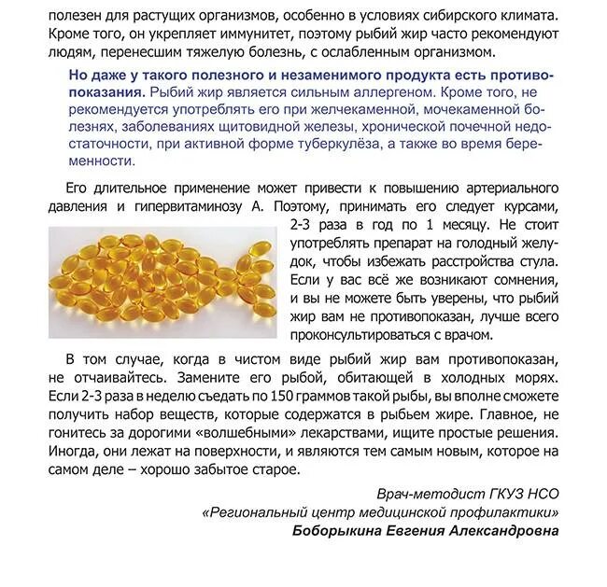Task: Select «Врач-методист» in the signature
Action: click(x=421, y=493)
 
